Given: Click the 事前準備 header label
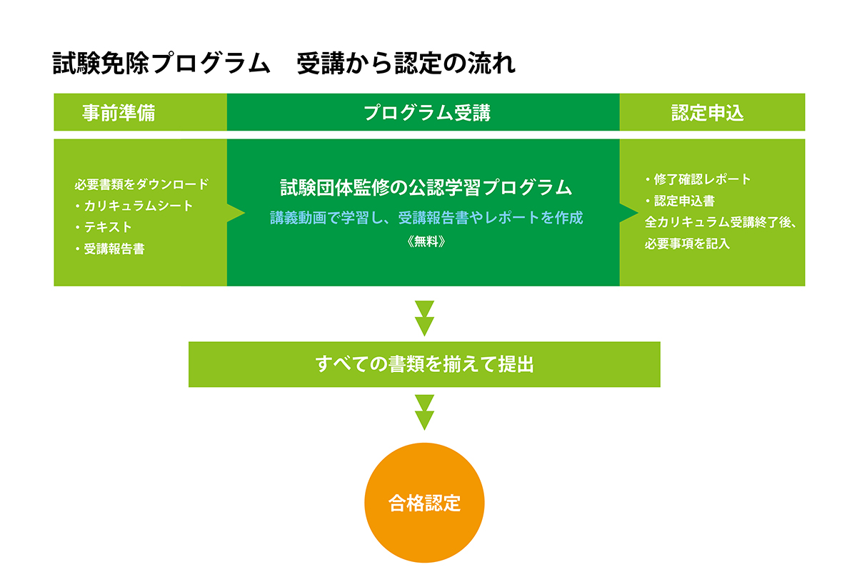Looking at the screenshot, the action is pos(119,113).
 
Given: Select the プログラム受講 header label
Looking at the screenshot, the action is pos(427,113).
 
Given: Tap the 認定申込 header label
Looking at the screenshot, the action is pos(708,113).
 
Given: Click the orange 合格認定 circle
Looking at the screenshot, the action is pos(424,503).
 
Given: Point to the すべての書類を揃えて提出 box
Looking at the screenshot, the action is pos(424,364).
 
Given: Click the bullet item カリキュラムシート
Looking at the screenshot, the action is pos(134,206).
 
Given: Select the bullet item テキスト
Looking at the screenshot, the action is pos(104,227).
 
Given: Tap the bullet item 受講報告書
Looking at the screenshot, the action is pos(110,249).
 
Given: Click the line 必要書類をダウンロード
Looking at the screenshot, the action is pos(141,184).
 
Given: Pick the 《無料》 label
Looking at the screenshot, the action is pos(426,241).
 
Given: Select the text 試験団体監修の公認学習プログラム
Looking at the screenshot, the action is pos(426,188).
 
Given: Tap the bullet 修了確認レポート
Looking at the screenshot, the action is pos(698,179).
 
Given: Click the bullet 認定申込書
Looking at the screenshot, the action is pos(680,201).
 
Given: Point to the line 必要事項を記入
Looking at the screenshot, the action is pos(687,244).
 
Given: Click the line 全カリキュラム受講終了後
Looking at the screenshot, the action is pos(721,222).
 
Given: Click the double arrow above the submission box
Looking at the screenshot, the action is pos(424,318).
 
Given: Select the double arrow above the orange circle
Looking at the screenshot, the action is pos(424,413).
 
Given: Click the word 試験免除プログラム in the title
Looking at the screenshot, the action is pos(161,63).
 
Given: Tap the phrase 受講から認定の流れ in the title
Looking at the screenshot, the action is pos(406,63).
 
